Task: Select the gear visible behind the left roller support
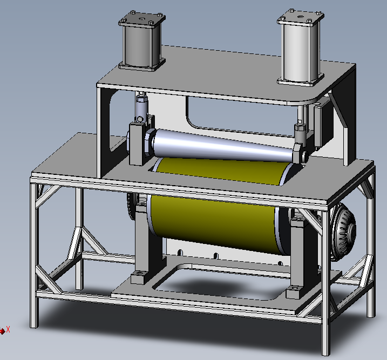pos(130,208)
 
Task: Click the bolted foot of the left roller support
pos(139,278)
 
